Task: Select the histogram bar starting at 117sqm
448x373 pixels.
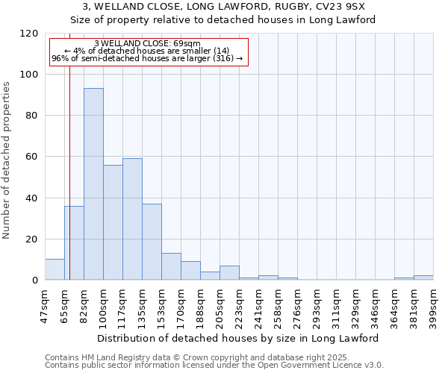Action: point(132,219)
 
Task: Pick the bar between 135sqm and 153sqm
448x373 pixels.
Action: point(152,242)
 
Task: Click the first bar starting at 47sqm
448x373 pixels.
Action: point(55,269)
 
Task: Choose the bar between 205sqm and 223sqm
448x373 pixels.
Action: point(229,273)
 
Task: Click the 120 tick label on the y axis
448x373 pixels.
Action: point(29,34)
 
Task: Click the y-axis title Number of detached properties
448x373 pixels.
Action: point(7,160)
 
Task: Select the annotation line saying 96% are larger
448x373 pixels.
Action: point(148,58)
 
